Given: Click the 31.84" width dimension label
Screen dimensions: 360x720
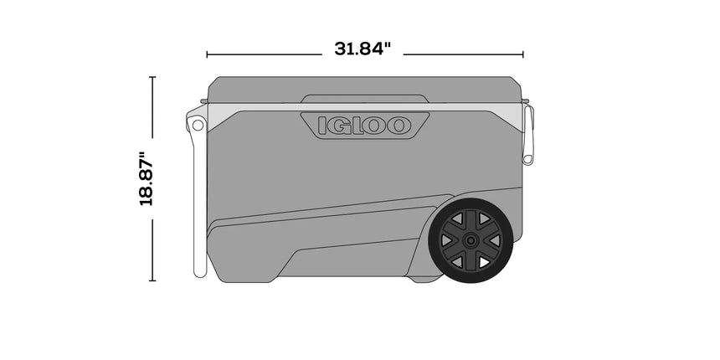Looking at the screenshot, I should (x=363, y=49).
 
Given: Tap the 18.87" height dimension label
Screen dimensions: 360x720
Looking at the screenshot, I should (x=147, y=178).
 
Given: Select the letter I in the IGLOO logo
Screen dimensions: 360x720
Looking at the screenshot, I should (x=324, y=126).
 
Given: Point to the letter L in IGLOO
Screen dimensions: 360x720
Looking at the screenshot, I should (x=358, y=126).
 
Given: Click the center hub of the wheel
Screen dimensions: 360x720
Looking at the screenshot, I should (x=470, y=241).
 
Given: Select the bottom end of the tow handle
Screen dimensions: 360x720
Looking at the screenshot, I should (x=200, y=270).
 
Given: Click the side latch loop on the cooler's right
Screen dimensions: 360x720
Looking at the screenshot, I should (x=527, y=134).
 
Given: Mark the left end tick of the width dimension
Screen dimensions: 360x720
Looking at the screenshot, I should (x=207, y=54).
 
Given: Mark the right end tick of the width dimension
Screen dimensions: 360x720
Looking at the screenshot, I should (x=523, y=54).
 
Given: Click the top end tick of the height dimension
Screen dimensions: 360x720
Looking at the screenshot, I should (x=152, y=77).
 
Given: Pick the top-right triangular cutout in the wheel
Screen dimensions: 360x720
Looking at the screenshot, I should (x=484, y=219).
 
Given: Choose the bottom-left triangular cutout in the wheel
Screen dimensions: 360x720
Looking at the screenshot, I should (x=455, y=262).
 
